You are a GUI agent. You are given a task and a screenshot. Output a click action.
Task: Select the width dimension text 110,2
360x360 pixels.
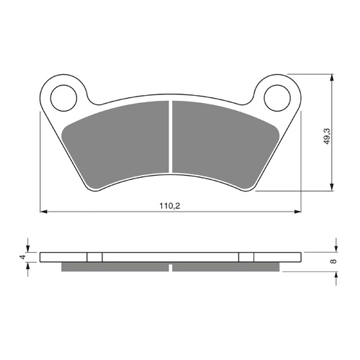tap(171, 206)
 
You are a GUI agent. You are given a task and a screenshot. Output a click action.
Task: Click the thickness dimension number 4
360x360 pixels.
tap(22, 256)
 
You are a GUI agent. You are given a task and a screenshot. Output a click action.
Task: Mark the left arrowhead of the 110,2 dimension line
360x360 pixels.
tap(43, 212)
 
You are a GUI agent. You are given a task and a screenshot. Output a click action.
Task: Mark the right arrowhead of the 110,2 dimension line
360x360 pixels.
tap(297, 212)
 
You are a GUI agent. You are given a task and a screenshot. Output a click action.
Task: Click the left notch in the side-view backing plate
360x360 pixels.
tap(95, 256)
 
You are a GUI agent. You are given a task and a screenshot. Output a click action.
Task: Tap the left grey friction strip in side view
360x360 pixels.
tap(115, 266)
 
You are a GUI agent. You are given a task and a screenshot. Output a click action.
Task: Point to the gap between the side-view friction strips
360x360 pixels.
tap(171, 267)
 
